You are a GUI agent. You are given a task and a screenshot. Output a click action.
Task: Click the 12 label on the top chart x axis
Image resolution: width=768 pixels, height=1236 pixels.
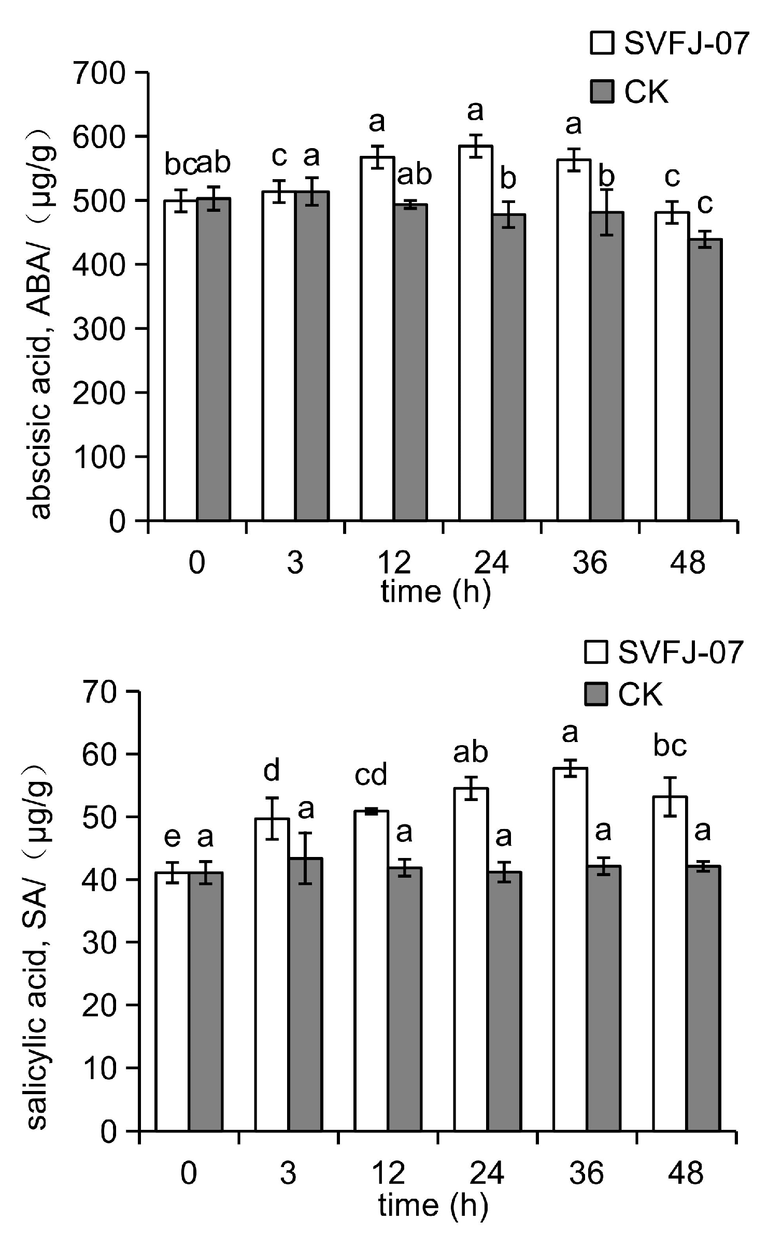393,562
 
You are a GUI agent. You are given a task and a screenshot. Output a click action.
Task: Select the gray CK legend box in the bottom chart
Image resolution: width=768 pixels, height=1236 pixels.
596,694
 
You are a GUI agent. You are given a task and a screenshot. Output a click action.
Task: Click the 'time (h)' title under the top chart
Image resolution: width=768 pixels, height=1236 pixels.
435,591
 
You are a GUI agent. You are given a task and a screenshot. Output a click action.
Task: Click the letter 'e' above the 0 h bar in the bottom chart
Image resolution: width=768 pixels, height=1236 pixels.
172,837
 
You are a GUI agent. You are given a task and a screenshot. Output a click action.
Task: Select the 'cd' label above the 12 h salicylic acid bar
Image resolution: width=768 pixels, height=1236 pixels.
371,775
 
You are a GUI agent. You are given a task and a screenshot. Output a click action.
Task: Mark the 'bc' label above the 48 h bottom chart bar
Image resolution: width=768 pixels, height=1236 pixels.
670,746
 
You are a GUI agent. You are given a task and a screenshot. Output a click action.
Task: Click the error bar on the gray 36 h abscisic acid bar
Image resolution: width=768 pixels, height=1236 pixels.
606,213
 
